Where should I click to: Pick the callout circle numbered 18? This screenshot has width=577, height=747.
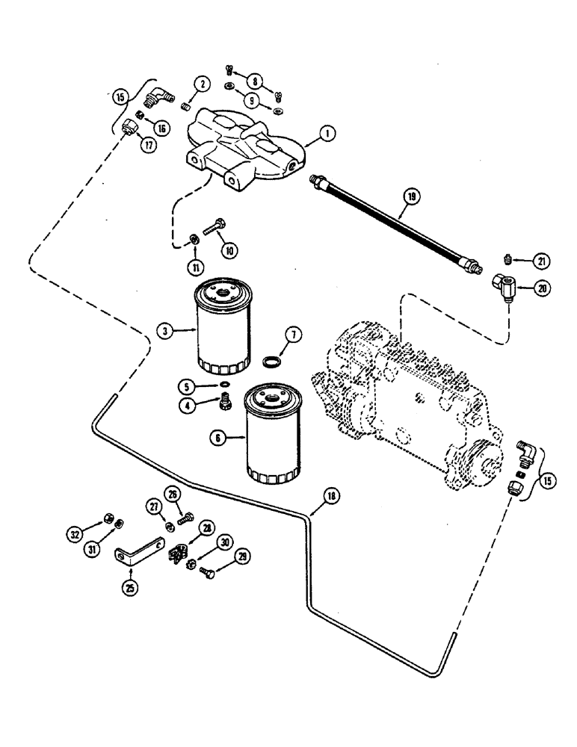click(x=331, y=495)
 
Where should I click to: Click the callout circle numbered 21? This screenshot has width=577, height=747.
click(x=543, y=261)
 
